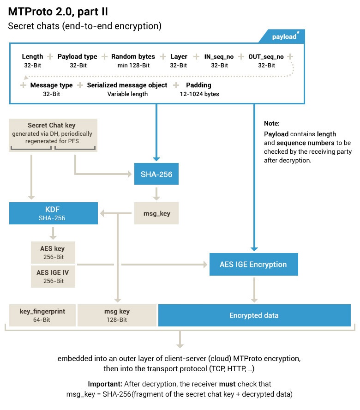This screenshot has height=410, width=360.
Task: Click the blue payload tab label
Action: point(283,36)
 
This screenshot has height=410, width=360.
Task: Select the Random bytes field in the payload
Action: point(133,60)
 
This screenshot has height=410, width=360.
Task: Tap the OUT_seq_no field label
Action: point(266,60)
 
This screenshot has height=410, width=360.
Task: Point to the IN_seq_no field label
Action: point(219,60)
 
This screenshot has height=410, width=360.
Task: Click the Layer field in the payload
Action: point(179,60)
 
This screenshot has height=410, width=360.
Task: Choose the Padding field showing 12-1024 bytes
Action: point(199,89)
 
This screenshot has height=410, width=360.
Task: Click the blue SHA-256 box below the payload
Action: point(156,174)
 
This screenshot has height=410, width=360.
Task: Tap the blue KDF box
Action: point(54,213)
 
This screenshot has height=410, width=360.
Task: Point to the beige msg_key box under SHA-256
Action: point(156,213)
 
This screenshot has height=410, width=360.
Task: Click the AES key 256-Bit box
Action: point(53,252)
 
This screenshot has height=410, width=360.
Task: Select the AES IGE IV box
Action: point(53,276)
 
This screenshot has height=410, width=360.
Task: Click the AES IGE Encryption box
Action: point(253,265)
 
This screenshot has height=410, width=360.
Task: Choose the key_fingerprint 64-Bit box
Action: point(42,315)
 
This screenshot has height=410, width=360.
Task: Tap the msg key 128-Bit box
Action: point(117,315)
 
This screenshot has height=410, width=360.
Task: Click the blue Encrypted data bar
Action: point(254,315)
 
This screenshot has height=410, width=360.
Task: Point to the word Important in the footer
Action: point(105,384)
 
